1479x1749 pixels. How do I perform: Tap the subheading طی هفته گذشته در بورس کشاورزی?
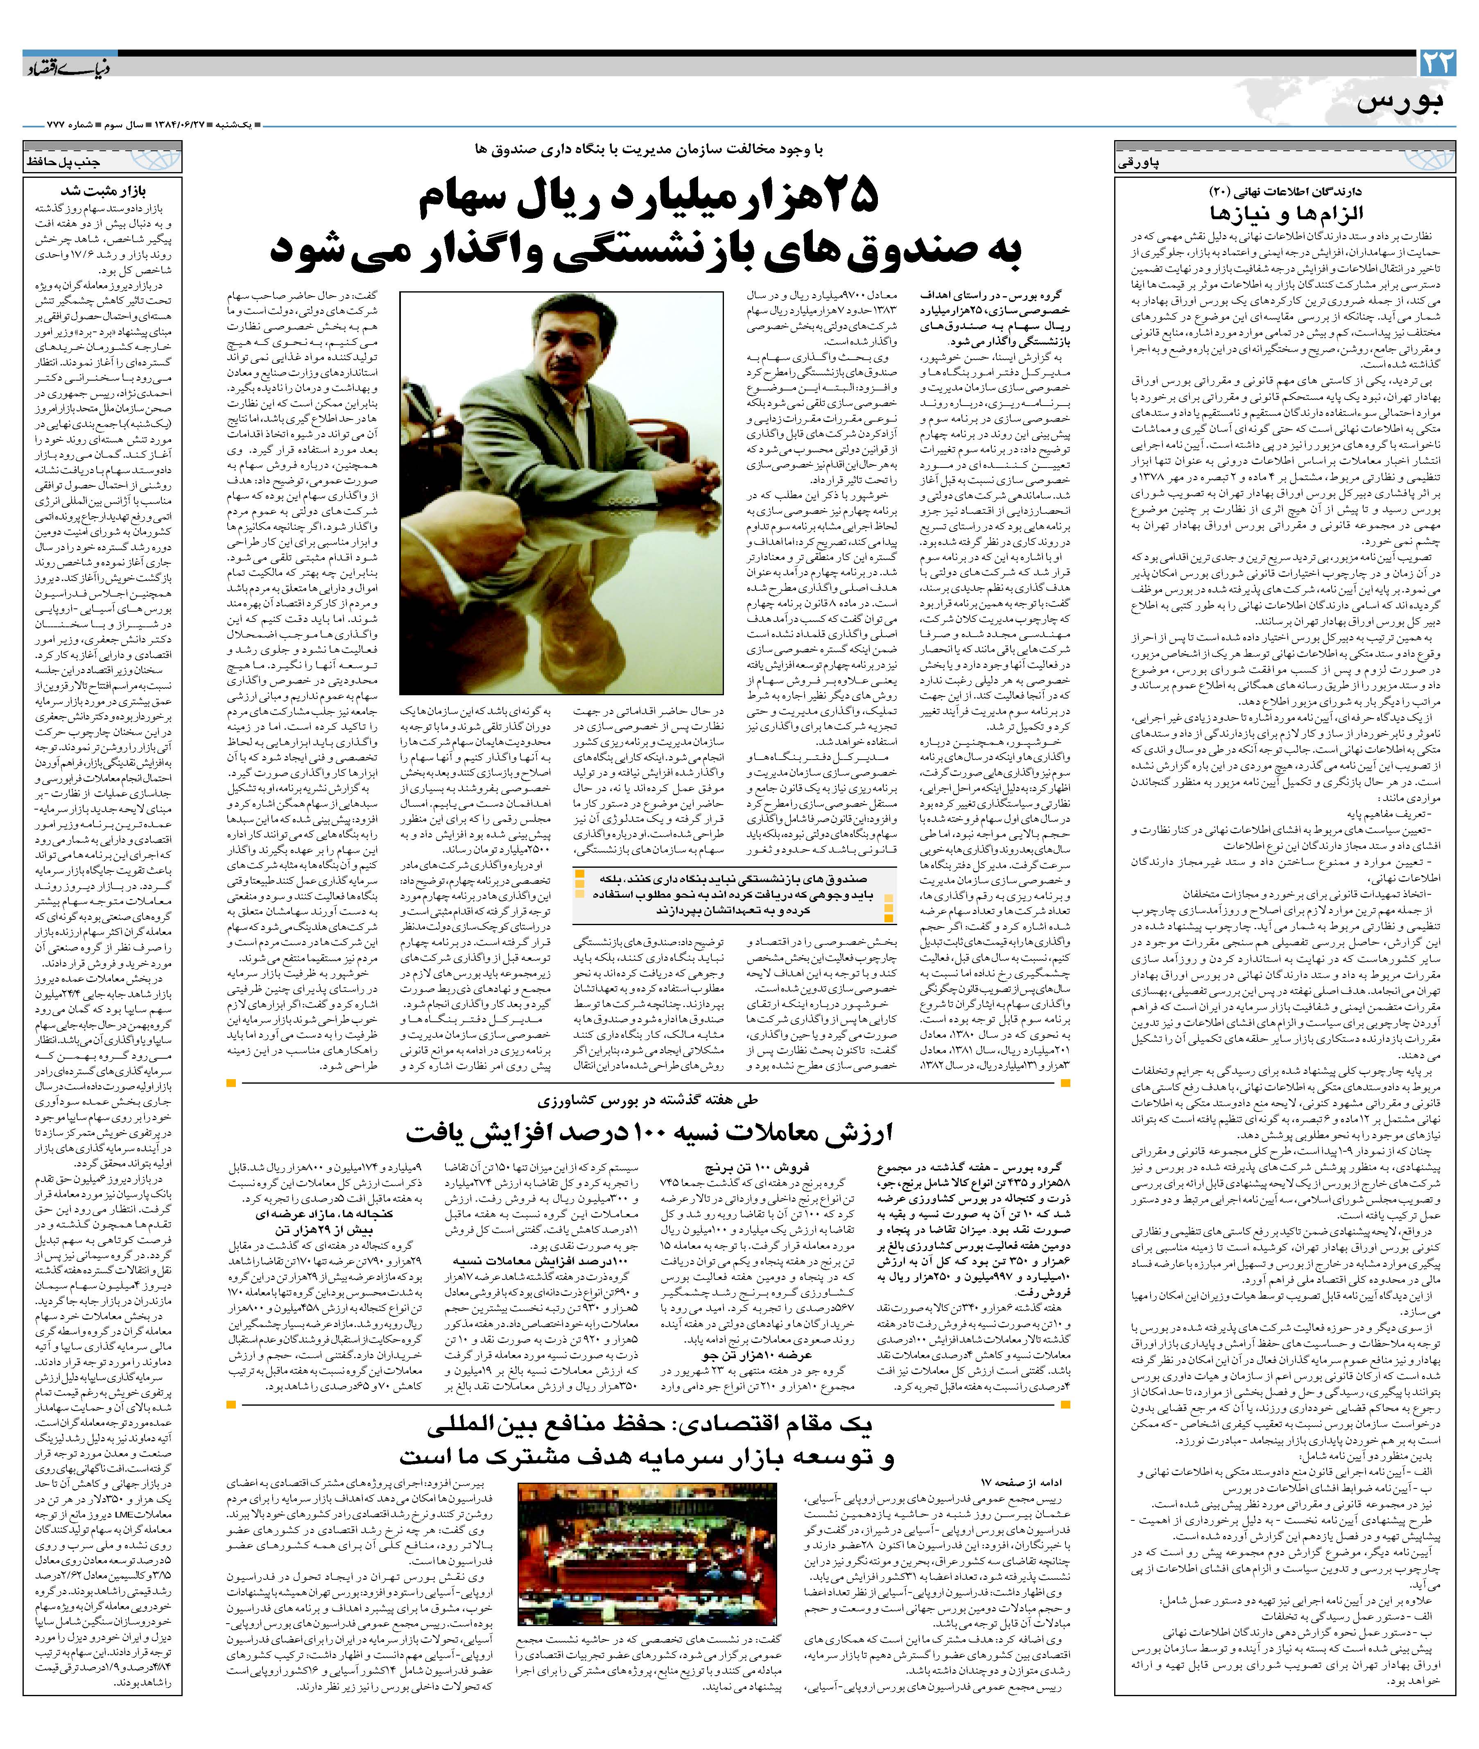point(647,1100)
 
